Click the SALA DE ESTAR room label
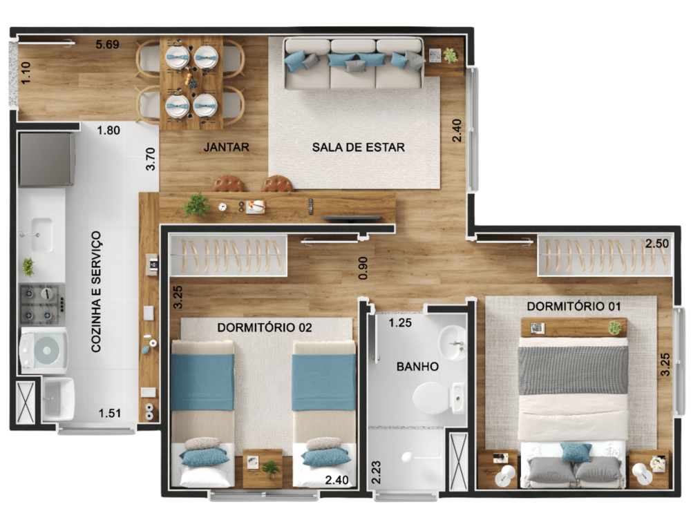tap(358, 147)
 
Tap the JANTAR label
tap(226, 147)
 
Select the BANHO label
tap(417, 367)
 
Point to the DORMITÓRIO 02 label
tap(265, 328)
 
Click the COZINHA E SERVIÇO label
tap(96, 291)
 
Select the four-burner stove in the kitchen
tap(41, 304)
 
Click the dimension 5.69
tap(107, 45)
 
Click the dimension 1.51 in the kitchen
tap(110, 414)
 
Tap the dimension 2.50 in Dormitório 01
tap(657, 244)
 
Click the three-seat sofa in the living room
tap(353, 64)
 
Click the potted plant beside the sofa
tap(451, 55)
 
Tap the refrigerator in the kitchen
tap(46, 160)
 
